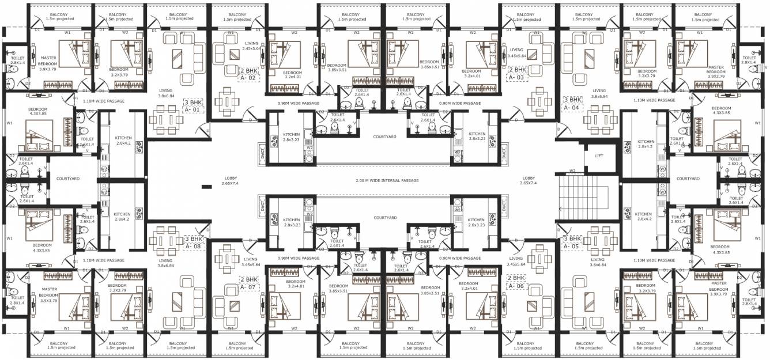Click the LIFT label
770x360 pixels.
pos(599,156)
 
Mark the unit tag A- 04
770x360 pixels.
pos(571,107)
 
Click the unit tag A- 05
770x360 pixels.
pos(571,246)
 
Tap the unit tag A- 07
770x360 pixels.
pos(250,286)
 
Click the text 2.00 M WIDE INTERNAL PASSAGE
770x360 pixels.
pos(387,181)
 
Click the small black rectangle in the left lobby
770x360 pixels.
pos(205,187)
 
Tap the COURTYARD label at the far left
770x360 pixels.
pos(67,179)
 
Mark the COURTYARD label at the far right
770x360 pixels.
pos(687,179)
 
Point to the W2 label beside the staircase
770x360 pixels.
pos(572,171)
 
